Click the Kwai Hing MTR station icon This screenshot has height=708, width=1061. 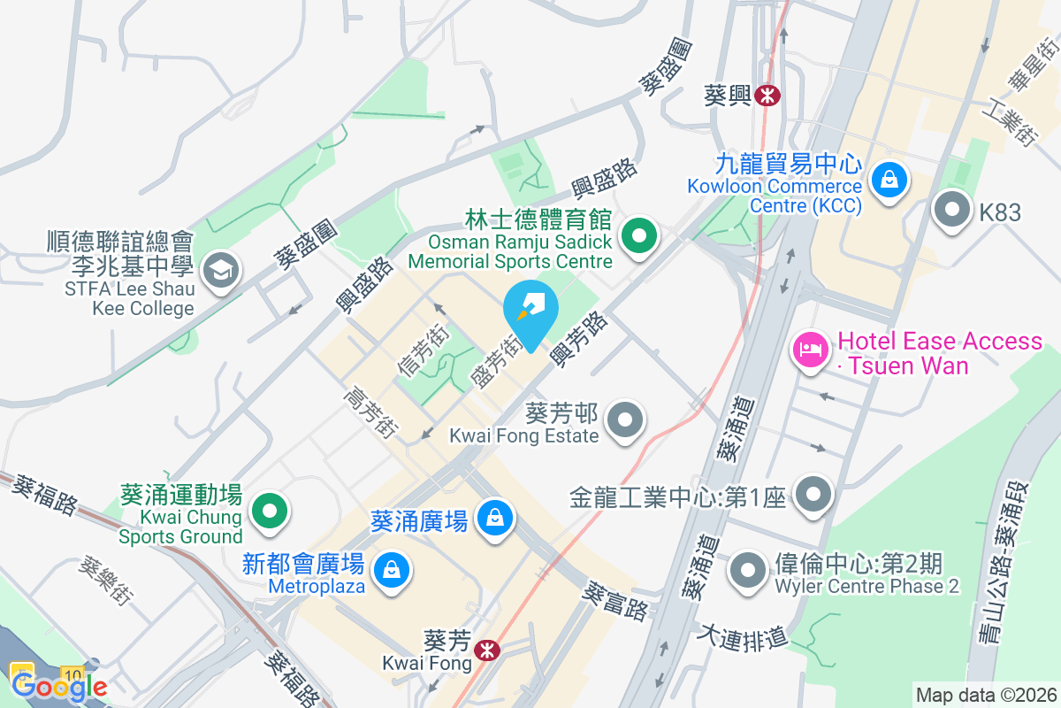coord(767,94)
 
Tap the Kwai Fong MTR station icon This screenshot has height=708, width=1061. coord(485,650)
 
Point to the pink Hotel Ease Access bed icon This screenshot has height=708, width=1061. coord(810,350)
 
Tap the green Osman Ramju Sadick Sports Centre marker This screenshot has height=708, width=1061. coord(638,236)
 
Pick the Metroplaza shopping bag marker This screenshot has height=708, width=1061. coord(390,568)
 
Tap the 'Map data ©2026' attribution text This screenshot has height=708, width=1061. coord(985,696)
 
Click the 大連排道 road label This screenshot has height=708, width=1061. coord(743,636)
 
